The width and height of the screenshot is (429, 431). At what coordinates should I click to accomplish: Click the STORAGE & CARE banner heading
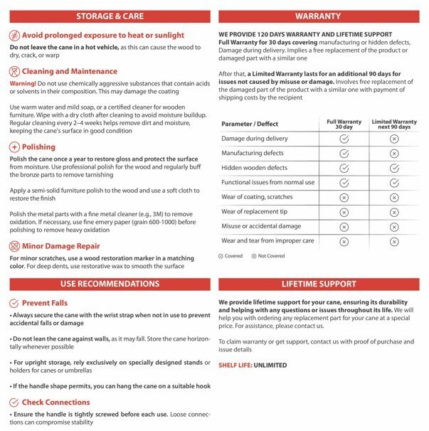pyautogui.click(x=107, y=16)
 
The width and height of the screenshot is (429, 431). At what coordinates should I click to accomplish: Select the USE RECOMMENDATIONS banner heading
pyautogui.click(x=107, y=284)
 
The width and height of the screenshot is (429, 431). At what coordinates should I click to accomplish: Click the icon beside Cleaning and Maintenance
pyautogui.click(x=14, y=71)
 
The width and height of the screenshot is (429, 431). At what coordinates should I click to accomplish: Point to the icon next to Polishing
pyautogui.click(x=14, y=147)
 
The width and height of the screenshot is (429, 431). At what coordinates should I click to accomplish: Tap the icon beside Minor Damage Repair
pyautogui.click(x=14, y=246)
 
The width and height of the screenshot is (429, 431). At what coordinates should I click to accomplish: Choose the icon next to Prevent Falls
pyautogui.click(x=14, y=304)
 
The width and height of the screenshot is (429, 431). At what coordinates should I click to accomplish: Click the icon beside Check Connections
pyautogui.click(x=14, y=403)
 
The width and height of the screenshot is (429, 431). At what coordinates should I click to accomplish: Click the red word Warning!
pyautogui.click(x=23, y=84)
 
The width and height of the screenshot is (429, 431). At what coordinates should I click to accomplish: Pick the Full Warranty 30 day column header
pyautogui.click(x=344, y=123)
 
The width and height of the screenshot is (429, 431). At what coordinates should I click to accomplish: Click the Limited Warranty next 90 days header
pyautogui.click(x=394, y=123)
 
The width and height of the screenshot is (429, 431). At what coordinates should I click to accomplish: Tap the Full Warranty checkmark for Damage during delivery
pyautogui.click(x=344, y=139)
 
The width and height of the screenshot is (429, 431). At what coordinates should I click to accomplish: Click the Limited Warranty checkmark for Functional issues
pyautogui.click(x=394, y=183)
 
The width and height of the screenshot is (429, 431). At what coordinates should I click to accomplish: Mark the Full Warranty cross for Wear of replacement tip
pyautogui.click(x=344, y=212)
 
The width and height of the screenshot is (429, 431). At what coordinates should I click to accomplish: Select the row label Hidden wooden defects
pyautogui.click(x=254, y=168)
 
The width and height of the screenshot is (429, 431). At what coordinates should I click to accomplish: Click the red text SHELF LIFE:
pyautogui.click(x=236, y=366)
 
